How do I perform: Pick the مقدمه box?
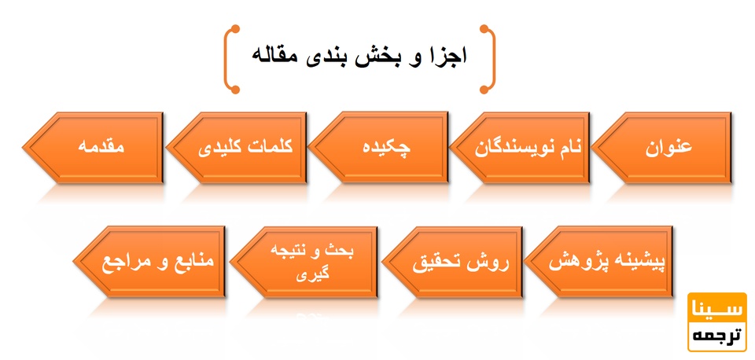tap(102, 147)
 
